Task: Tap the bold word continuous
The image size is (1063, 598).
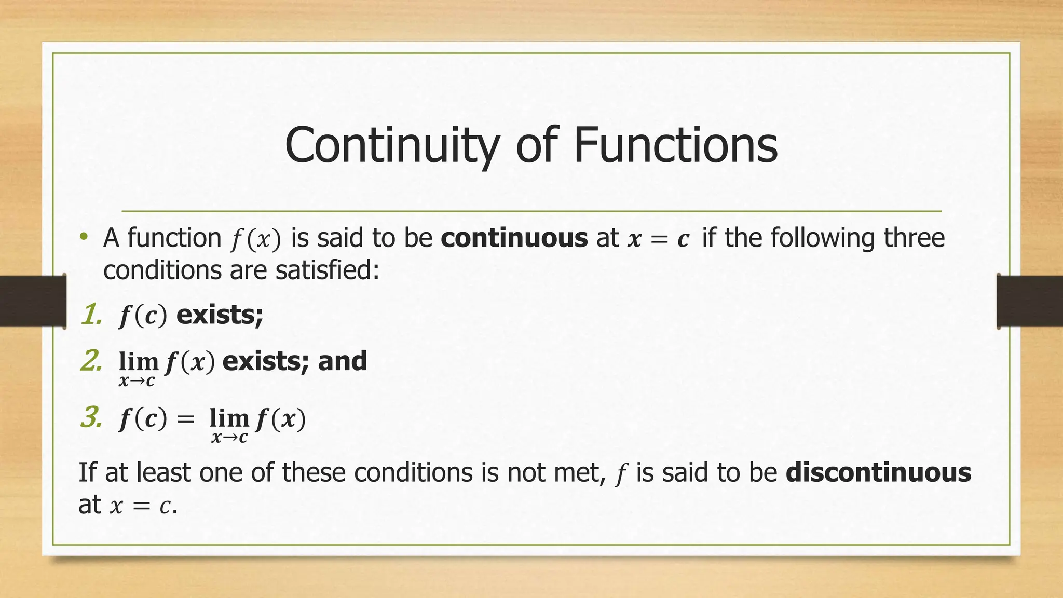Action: click(514, 238)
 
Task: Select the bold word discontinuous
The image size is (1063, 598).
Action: click(878, 473)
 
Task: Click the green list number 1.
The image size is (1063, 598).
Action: click(91, 315)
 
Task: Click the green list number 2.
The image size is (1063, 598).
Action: click(91, 361)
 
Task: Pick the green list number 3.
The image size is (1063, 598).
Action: click(91, 418)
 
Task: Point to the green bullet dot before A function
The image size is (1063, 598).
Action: click(84, 238)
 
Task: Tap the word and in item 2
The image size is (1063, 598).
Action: click(342, 361)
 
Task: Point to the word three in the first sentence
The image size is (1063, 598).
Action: click(914, 238)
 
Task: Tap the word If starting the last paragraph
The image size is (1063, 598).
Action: click(87, 473)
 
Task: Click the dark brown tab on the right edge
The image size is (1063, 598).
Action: click(1030, 301)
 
